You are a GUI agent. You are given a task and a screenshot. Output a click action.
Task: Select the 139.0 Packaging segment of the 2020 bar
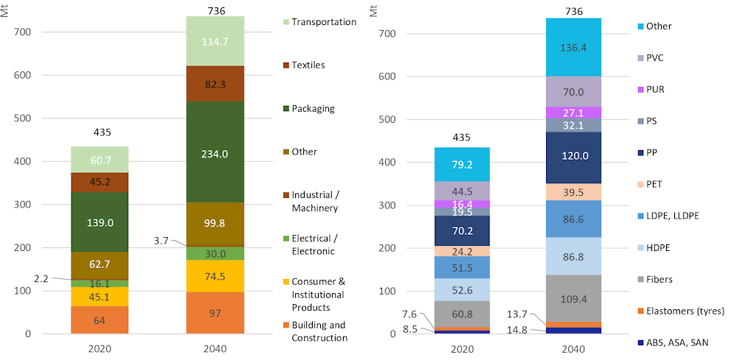pyautogui.click(x=99, y=222)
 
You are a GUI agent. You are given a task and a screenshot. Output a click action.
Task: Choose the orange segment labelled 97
pyautogui.click(x=215, y=314)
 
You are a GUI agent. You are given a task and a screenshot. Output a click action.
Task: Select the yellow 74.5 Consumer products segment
pyautogui.click(x=215, y=277)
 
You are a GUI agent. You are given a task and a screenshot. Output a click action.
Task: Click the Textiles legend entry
pyautogui.click(x=308, y=65)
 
